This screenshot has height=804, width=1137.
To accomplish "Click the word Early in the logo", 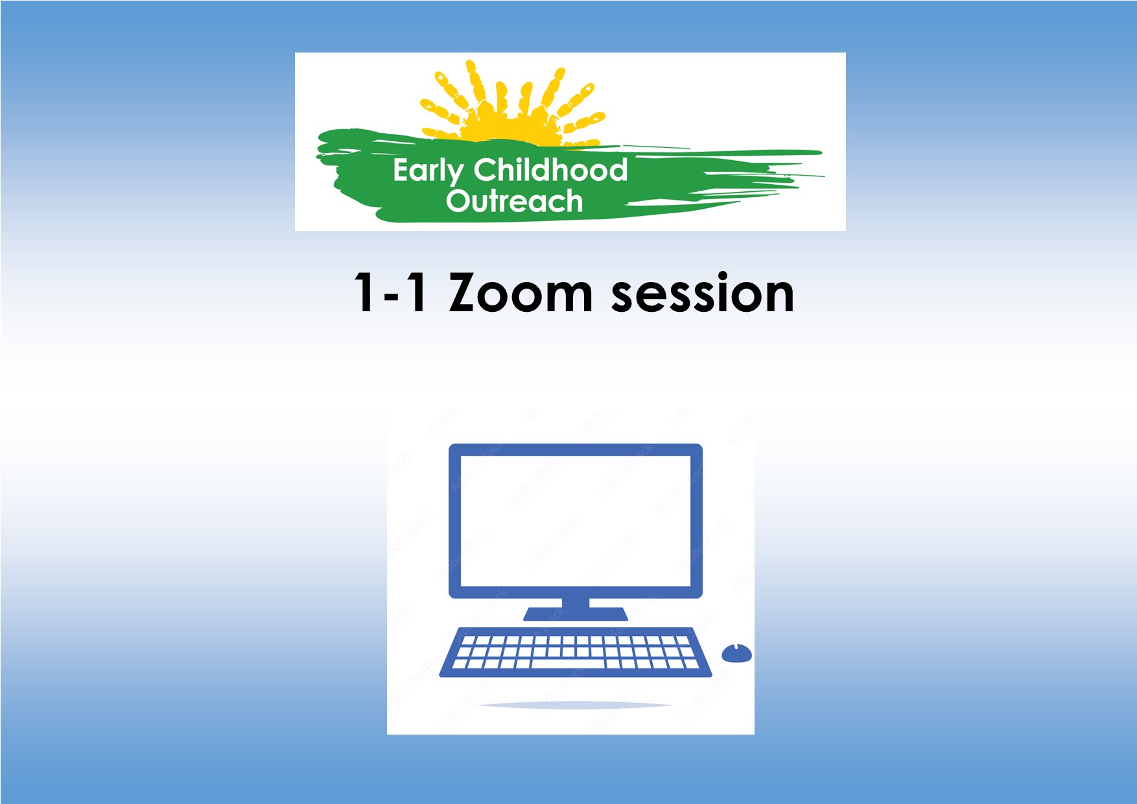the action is pyautogui.click(x=428, y=172).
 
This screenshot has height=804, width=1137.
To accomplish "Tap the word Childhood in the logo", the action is pyautogui.click(x=551, y=169).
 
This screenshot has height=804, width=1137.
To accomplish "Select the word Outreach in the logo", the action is pyautogui.click(x=514, y=201).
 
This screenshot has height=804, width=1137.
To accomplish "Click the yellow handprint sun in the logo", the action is pyautogui.click(x=512, y=104).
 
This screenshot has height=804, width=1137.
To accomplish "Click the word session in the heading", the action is pyautogui.click(x=703, y=294).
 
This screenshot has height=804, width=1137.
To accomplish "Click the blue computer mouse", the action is pyautogui.click(x=737, y=653).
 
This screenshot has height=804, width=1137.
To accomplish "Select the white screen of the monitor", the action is pyautogui.click(x=576, y=521).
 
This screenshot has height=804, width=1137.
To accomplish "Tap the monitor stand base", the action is pyautogui.click(x=576, y=614).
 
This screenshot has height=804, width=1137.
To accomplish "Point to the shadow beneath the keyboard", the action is pyautogui.click(x=576, y=705).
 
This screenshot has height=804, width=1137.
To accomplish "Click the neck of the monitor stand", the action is pyautogui.click(x=576, y=602).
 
